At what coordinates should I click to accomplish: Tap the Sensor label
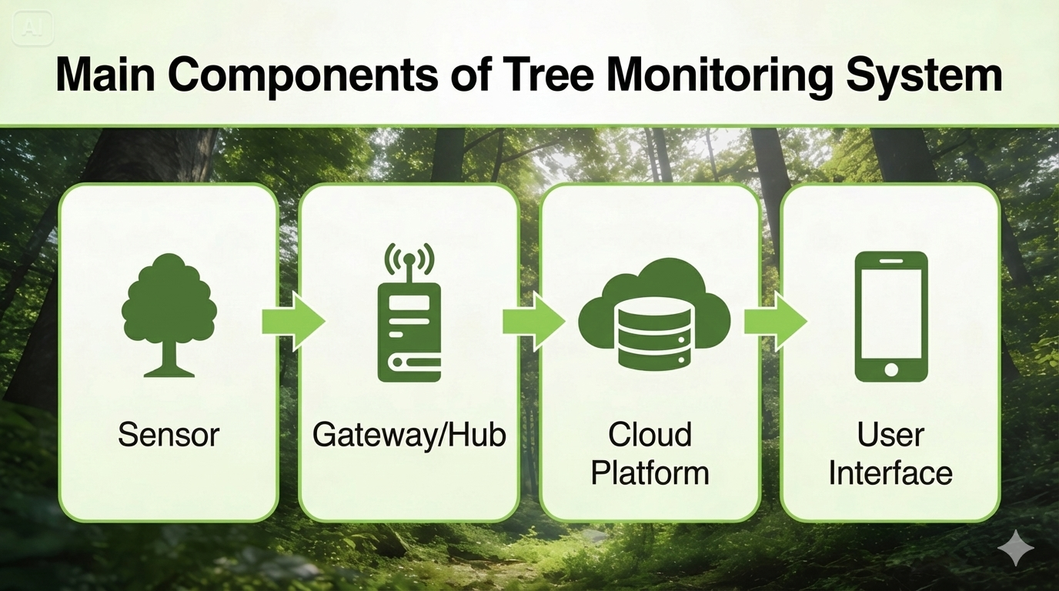point(169,436)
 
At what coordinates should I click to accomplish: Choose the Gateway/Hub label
point(409,436)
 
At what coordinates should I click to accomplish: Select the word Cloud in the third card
point(650,435)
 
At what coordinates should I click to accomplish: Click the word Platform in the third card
point(650,472)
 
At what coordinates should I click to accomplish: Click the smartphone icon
point(891,316)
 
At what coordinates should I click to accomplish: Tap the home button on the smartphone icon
point(891,369)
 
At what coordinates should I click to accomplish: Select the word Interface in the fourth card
point(890,472)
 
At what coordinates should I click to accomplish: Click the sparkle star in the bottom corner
point(1015,547)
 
